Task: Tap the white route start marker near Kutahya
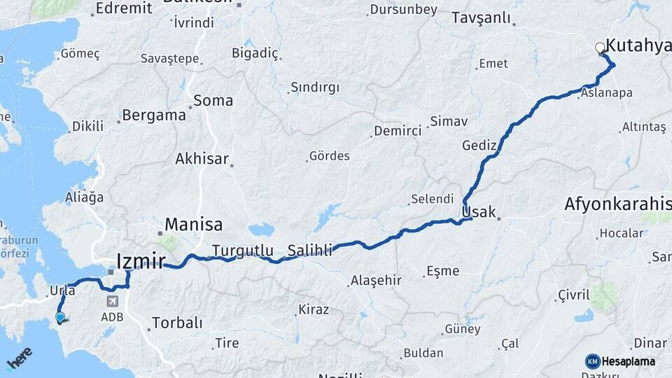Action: pyautogui.click(x=600, y=48)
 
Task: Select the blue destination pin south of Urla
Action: pyautogui.click(x=60, y=318)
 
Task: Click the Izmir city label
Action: pyautogui.click(x=141, y=262)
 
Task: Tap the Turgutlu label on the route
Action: pyautogui.click(x=242, y=250)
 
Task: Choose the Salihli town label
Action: pyautogui.click(x=309, y=250)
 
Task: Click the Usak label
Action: pyautogui.click(x=479, y=211)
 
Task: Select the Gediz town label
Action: pyautogui.click(x=479, y=146)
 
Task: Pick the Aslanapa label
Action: pyautogui.click(x=608, y=93)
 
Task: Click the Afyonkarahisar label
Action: pyautogui.click(x=617, y=204)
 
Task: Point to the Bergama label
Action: pyautogui.click(x=154, y=115)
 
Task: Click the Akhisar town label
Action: pyautogui.click(x=202, y=159)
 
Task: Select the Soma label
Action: pyautogui.click(x=213, y=100)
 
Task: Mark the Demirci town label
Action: pyautogui.click(x=398, y=131)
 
